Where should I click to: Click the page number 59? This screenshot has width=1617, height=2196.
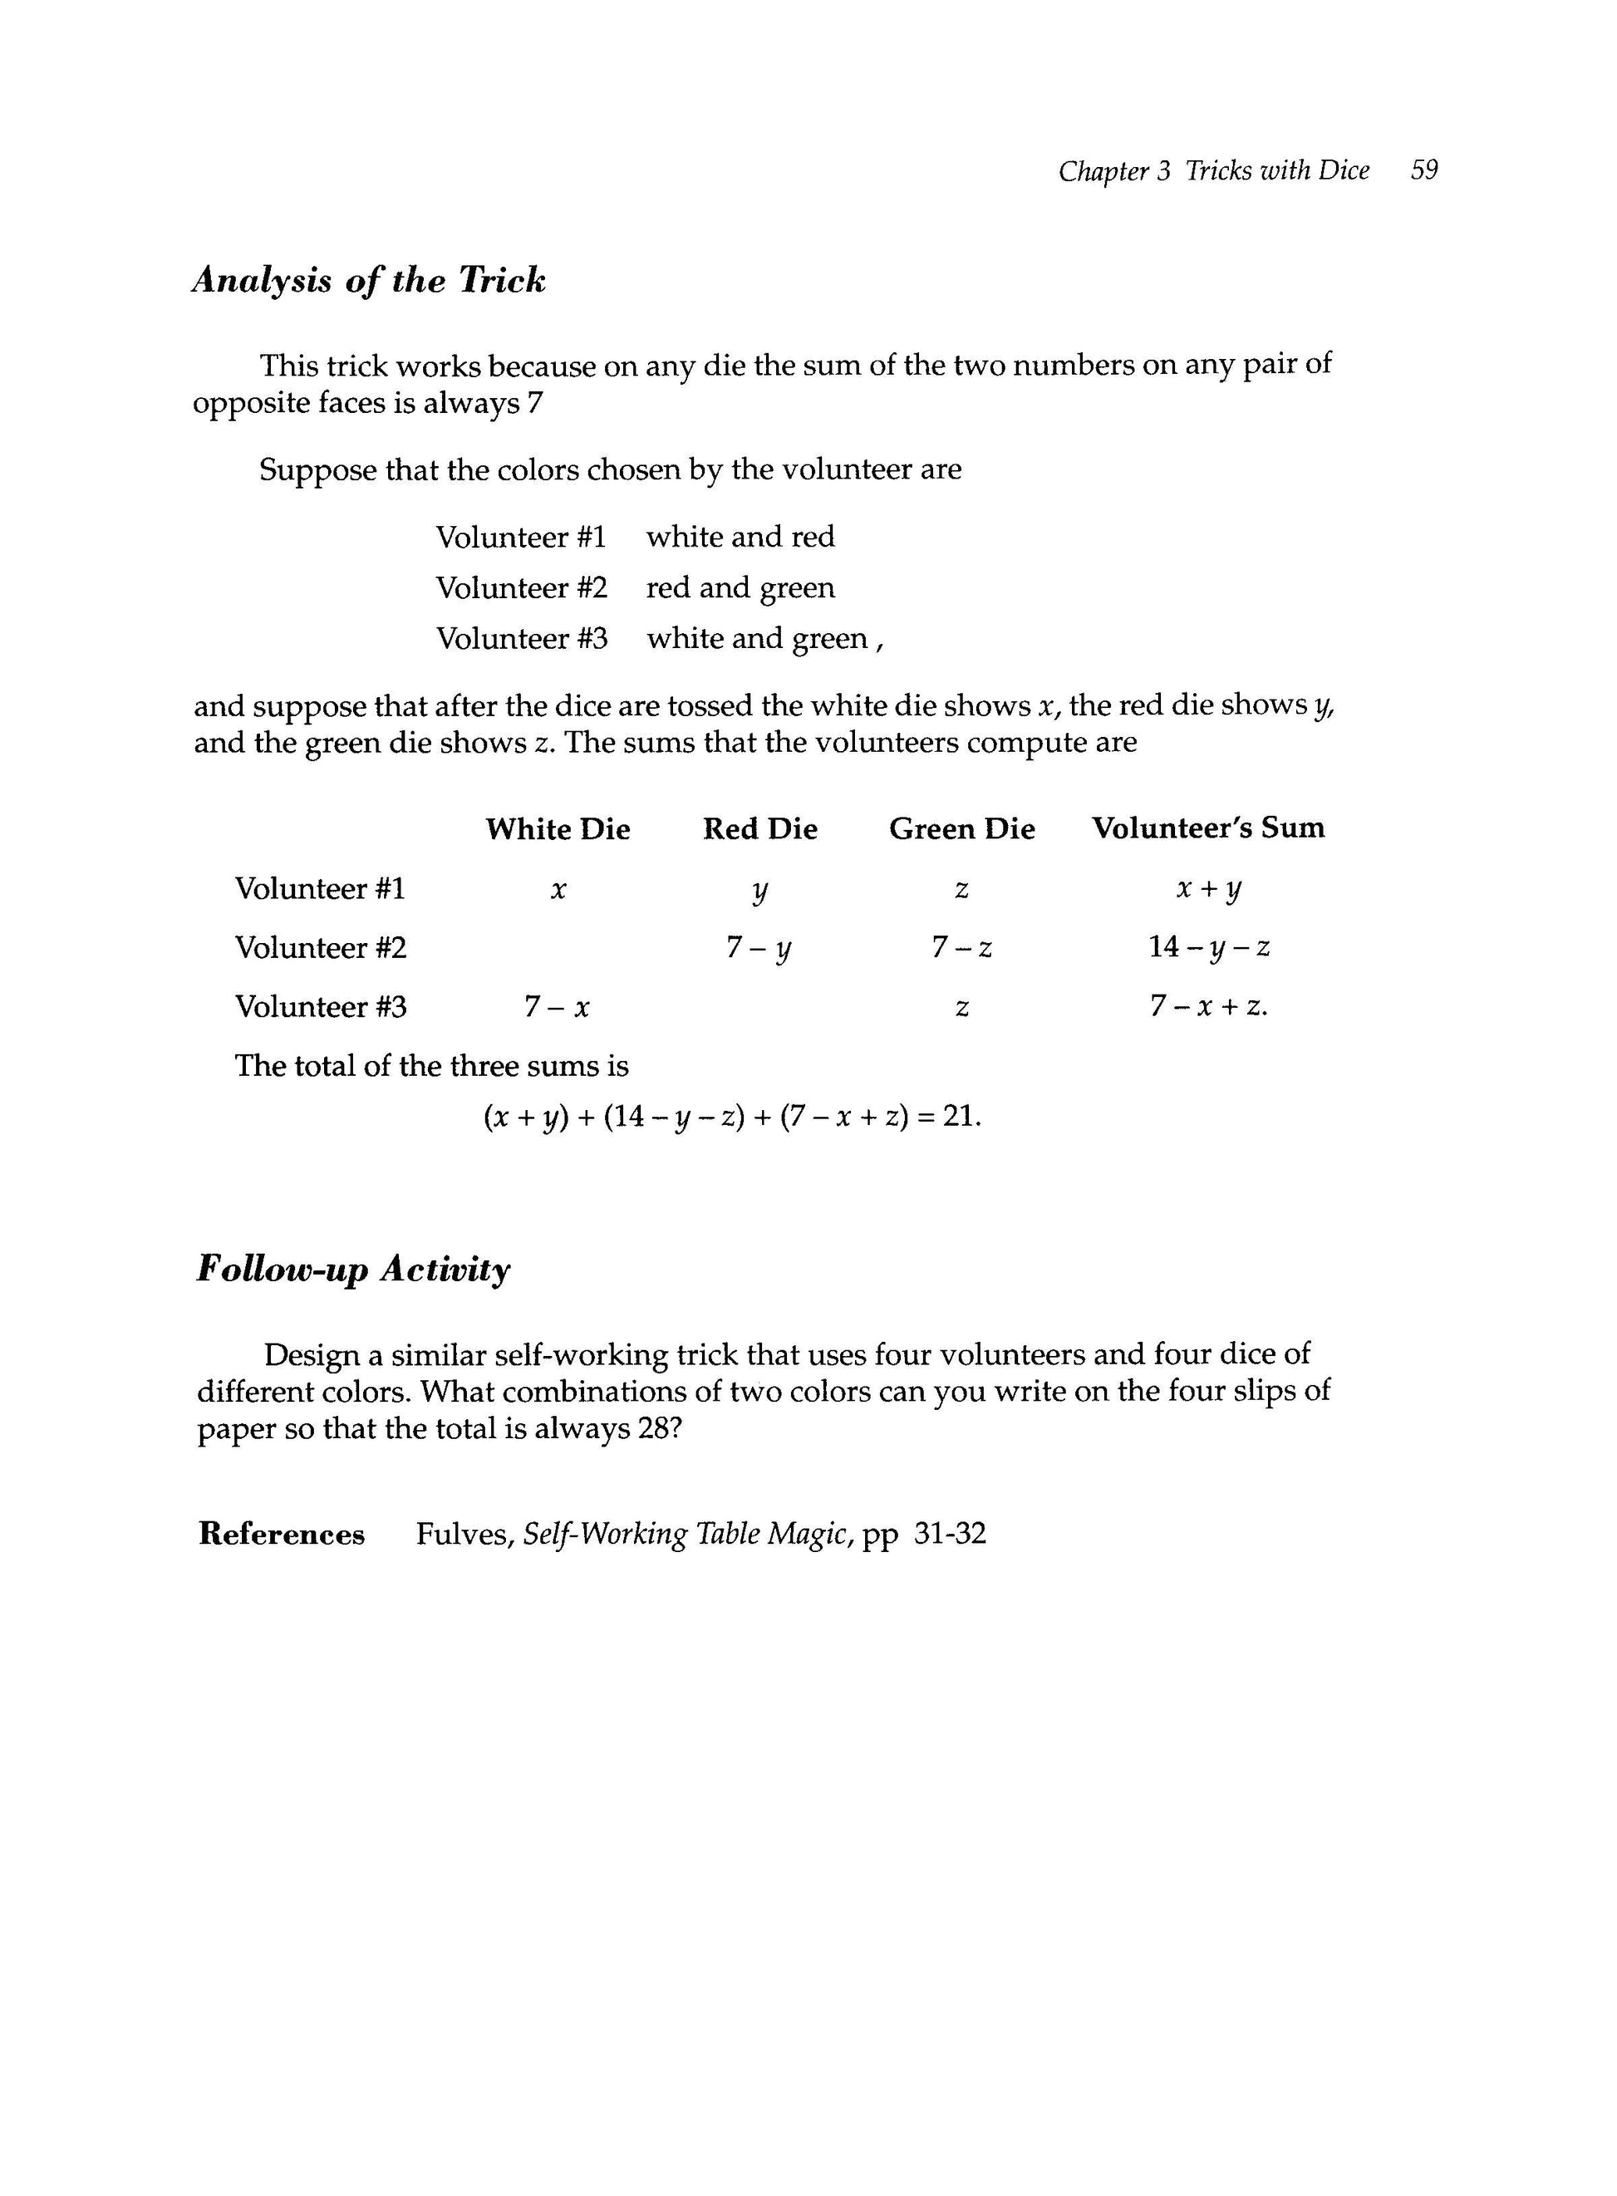(x=1424, y=170)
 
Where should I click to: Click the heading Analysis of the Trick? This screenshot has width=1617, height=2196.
(x=369, y=281)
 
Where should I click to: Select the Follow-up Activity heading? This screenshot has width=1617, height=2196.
(x=353, y=1270)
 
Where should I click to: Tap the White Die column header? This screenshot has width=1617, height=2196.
(x=558, y=829)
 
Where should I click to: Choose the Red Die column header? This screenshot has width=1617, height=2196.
(x=759, y=829)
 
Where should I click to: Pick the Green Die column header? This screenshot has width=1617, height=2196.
(x=961, y=829)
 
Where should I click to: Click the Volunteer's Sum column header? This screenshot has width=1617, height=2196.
(x=1208, y=828)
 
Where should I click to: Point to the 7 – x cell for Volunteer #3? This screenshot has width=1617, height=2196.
(x=557, y=1006)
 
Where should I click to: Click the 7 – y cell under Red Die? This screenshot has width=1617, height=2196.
(x=759, y=947)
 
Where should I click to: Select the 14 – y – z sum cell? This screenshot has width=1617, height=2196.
(x=1209, y=947)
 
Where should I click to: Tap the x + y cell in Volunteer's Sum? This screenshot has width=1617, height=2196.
(x=1209, y=888)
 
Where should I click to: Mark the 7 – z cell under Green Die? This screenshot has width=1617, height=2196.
(x=961, y=947)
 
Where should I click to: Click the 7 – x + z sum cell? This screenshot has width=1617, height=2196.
(x=1209, y=1006)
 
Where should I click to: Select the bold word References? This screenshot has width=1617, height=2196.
(x=282, y=1534)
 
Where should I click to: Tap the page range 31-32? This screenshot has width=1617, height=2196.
(x=950, y=1534)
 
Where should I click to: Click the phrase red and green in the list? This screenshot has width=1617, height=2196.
(x=740, y=587)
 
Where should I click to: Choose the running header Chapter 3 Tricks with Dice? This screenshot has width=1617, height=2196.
(x=1214, y=170)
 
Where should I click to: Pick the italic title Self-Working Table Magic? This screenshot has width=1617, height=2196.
(x=688, y=1534)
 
